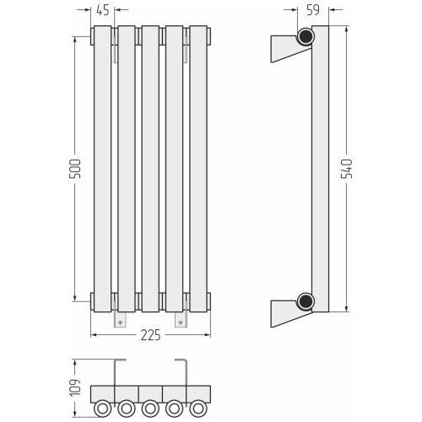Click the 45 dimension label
point(103,10)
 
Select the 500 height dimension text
point(75,169)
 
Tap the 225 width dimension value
point(151,335)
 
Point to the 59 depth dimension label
point(313,10)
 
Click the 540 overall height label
point(347,169)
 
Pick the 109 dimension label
point(75,388)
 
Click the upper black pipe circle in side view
point(306,36)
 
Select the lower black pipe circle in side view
point(306,301)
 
